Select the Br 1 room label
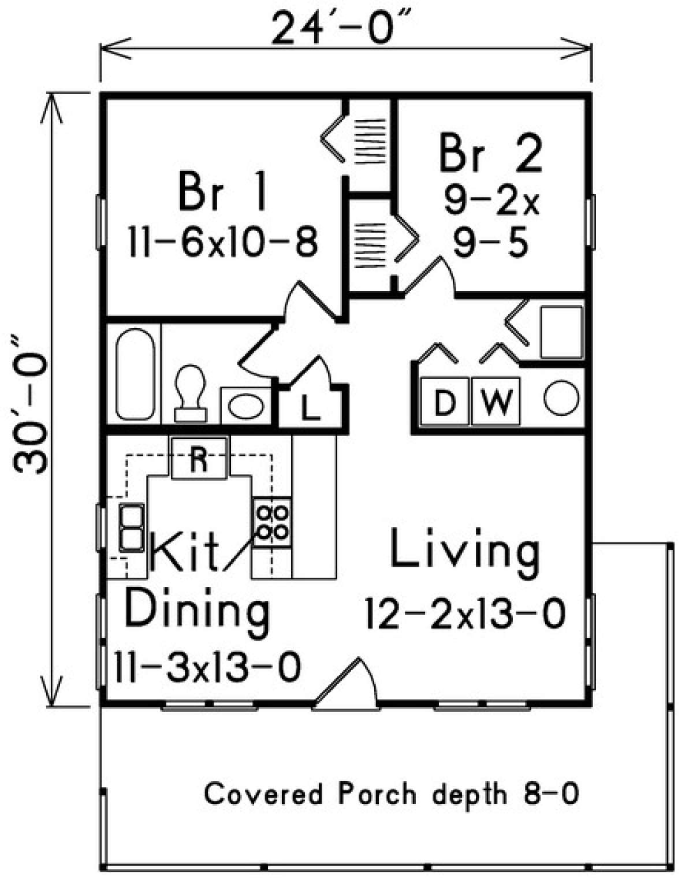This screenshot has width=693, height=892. coord(223,191)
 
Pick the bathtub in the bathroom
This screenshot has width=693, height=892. coord(135,374)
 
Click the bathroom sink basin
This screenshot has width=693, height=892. coord(245,406)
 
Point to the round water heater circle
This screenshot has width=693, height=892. coord(561,399)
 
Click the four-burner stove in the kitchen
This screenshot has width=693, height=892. coord(272,522)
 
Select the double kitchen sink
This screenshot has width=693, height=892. coord(132,527)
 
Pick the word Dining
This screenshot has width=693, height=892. coord(197,611)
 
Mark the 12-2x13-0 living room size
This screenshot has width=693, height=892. coord(465,614)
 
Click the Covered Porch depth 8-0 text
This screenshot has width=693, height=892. coord(392,794)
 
